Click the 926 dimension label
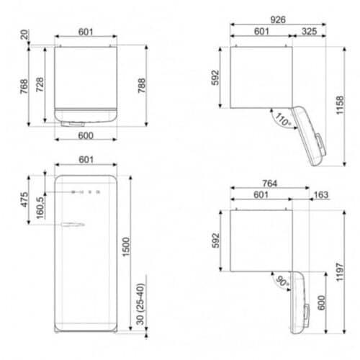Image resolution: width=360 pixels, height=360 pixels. coord(278,19)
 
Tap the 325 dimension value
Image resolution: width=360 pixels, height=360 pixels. coord(309,31)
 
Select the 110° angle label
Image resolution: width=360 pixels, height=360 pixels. coord(283,120)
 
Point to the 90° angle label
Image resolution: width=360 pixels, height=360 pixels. coord(282,281)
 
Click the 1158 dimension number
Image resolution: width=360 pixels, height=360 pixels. coord(340,105)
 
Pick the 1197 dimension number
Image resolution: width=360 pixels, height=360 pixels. coord(340,272)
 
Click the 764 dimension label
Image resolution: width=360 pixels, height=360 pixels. coord(270,184)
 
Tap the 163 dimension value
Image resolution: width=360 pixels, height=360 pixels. coord(321,194)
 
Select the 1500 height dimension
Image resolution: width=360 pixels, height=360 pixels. coord(126,247)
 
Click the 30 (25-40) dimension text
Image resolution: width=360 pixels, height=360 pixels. coord(140,304)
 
